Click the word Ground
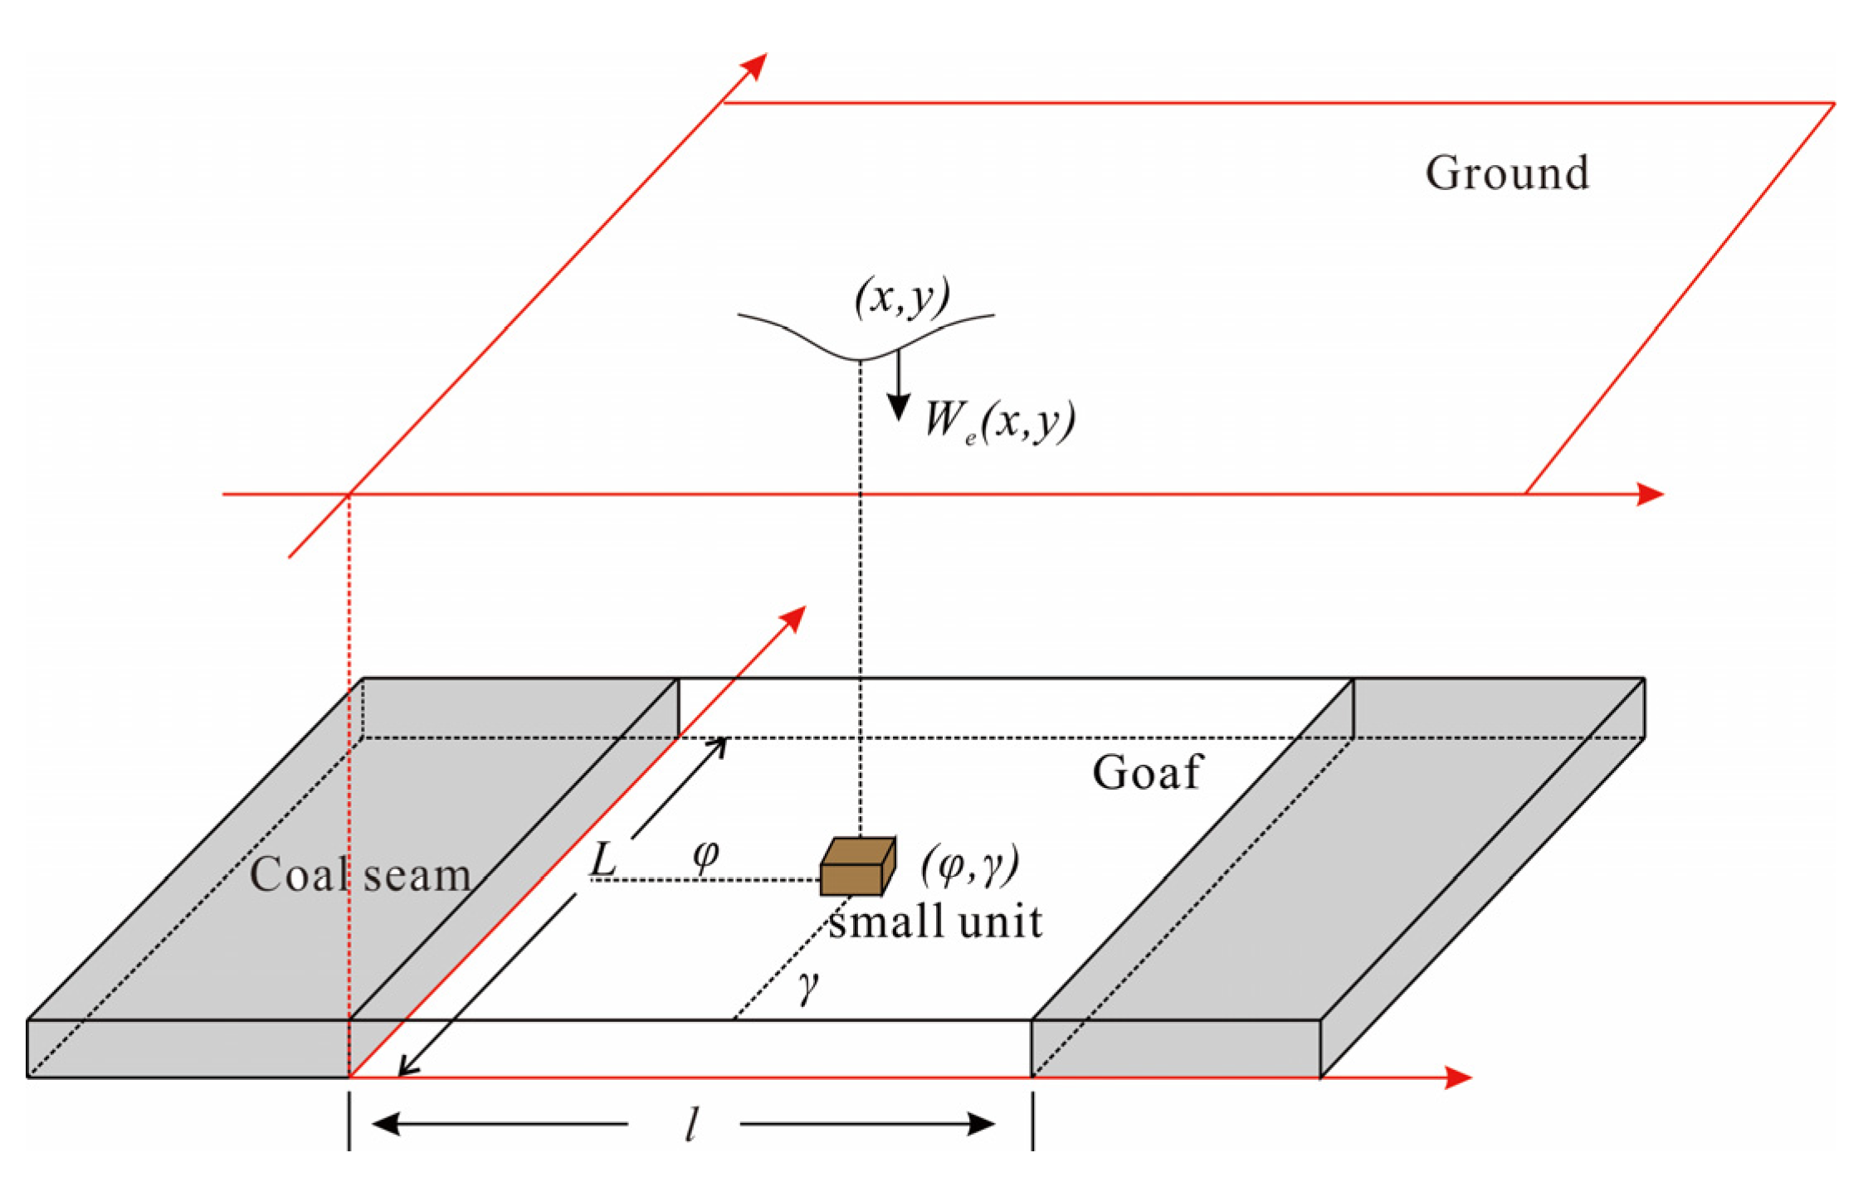tap(1506, 174)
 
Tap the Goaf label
tap(1147, 773)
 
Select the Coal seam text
tap(360, 875)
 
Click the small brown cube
tap(857, 868)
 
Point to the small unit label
tap(935, 922)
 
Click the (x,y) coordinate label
tap(902, 298)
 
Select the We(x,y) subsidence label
tap(1000, 421)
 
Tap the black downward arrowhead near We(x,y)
tap(898, 407)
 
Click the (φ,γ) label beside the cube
tap(969, 866)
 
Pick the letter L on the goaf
tap(602, 859)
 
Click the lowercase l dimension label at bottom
tap(690, 1126)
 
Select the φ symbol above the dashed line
tap(705, 854)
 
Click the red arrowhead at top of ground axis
tap(755, 66)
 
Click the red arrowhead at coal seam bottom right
tap(1457, 1077)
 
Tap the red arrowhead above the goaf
tap(793, 618)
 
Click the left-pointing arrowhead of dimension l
tap(387, 1125)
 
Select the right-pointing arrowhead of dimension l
tap(981, 1125)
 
